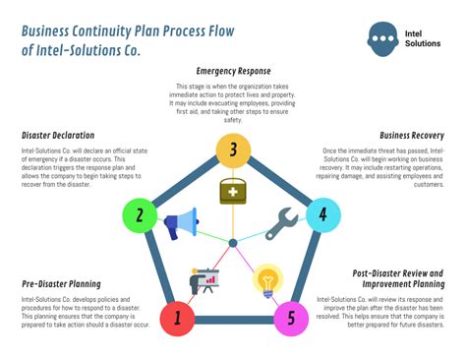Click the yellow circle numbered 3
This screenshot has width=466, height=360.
(233, 150)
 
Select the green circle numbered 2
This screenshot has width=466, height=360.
(140, 214)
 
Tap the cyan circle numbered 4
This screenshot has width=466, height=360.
(323, 214)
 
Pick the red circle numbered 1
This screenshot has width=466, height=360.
(178, 318)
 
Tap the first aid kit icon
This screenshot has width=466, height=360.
(233, 191)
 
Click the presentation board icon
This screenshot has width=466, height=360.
(204, 281)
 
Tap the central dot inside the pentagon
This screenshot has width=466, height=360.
(233, 242)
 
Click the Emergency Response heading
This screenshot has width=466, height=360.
(233, 72)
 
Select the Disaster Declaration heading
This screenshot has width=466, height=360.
(58, 135)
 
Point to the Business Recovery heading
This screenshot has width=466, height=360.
(412, 135)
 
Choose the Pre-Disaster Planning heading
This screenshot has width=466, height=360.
(63, 284)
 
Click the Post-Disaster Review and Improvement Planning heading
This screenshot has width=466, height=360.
(397, 278)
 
